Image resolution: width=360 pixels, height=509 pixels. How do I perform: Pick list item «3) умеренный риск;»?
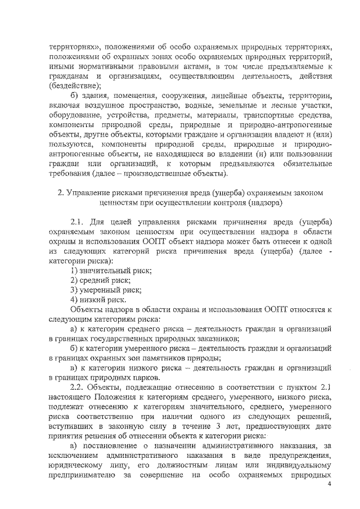coord(105,290)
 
